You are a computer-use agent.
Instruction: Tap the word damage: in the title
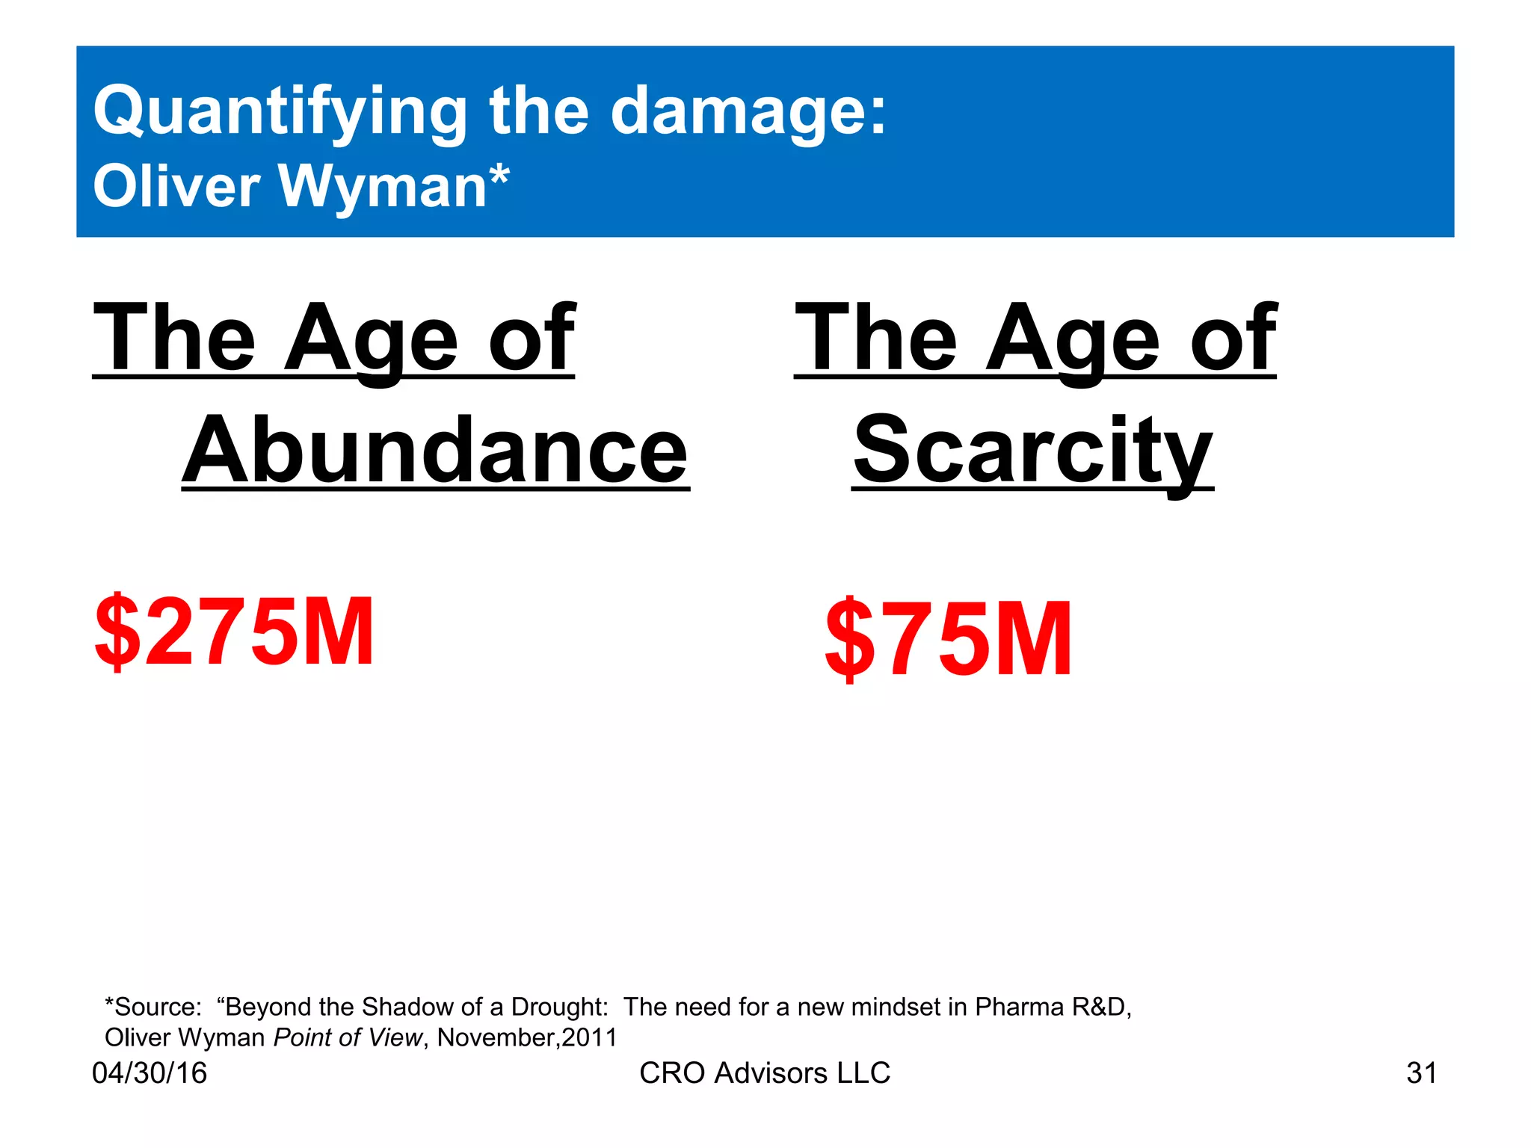pos(748,112)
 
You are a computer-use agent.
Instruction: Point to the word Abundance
pos(435,450)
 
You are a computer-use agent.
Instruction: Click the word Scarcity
pos(1032,450)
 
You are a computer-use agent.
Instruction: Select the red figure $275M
pos(234,632)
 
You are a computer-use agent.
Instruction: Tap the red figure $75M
pos(948,639)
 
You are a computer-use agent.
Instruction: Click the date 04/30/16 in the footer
pos(150,1073)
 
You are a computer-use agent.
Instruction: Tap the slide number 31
pos(1421,1073)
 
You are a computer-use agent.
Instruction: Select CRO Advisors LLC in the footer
pos(765,1073)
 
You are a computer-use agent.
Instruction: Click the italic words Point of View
pos(348,1038)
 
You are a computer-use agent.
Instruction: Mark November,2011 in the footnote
pos(527,1038)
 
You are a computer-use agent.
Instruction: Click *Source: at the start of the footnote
pos(153,1007)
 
